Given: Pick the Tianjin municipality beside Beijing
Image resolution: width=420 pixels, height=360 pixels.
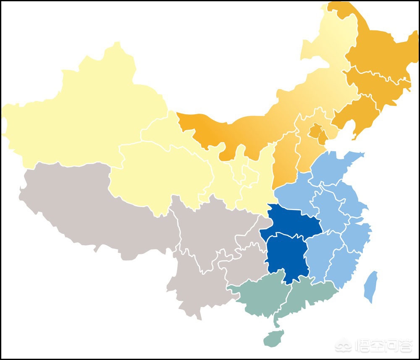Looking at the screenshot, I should tap(323, 137).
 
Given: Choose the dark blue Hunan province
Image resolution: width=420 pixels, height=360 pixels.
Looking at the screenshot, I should tap(286, 256).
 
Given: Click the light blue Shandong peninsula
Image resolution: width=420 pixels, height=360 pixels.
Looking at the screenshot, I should tap(336, 168).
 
